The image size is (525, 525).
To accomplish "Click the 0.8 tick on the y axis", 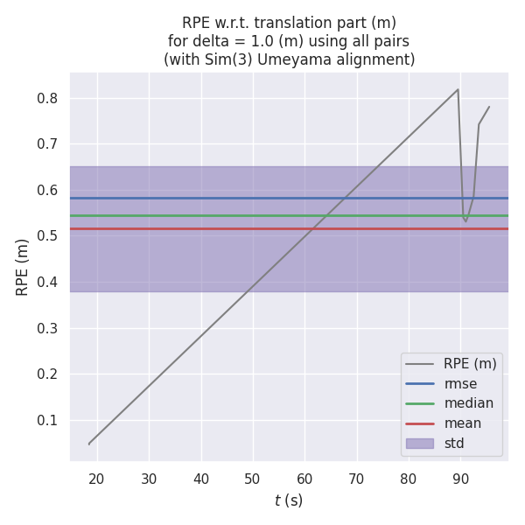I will coord(47,98).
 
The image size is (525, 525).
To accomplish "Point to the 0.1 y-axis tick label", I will coord(47,420).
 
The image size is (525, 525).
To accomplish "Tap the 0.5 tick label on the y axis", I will coord(47,236).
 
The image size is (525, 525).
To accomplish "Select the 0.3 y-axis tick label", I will coord(47,328).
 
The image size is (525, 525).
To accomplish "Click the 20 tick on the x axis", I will coord(96,479).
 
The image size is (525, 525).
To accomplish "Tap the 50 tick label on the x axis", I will coord(253,479).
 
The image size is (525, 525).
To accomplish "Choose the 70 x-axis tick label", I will coord(356,479).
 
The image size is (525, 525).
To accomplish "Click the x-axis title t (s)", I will coord(289,500).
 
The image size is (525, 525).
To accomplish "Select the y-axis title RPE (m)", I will coord(24,267).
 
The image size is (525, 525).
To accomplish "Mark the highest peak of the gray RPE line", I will coord(458,89).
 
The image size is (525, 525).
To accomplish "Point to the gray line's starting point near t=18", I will coord(88,444).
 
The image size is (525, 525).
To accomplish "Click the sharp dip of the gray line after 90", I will coord(465,220).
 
